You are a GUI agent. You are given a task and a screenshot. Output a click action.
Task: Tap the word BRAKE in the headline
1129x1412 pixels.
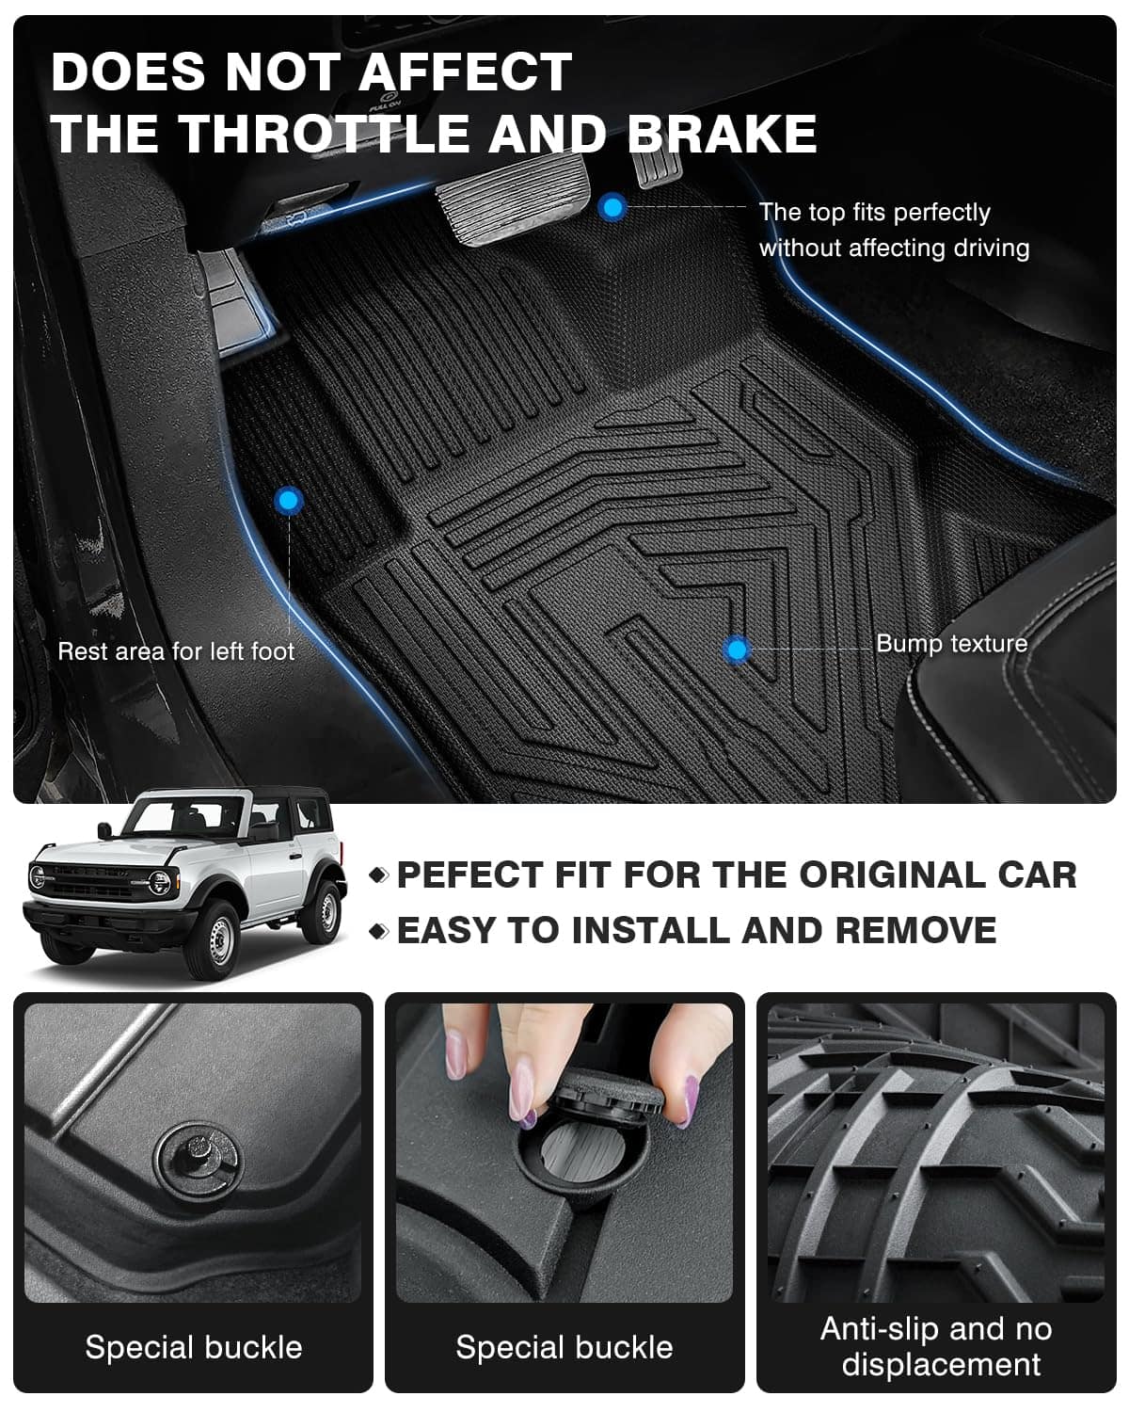[722, 134]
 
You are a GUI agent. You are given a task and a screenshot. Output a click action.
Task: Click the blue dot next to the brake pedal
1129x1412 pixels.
[612, 208]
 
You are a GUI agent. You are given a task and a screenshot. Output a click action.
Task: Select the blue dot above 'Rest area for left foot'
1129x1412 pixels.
[289, 501]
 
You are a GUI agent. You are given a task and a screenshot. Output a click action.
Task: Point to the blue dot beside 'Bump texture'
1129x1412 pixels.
[738, 650]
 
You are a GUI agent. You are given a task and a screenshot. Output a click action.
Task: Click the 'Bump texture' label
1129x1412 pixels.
[952, 644]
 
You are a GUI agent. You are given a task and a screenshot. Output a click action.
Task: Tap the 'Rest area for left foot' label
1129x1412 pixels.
[176, 651]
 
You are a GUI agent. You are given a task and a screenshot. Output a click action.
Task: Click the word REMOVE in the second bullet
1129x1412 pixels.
[916, 930]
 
